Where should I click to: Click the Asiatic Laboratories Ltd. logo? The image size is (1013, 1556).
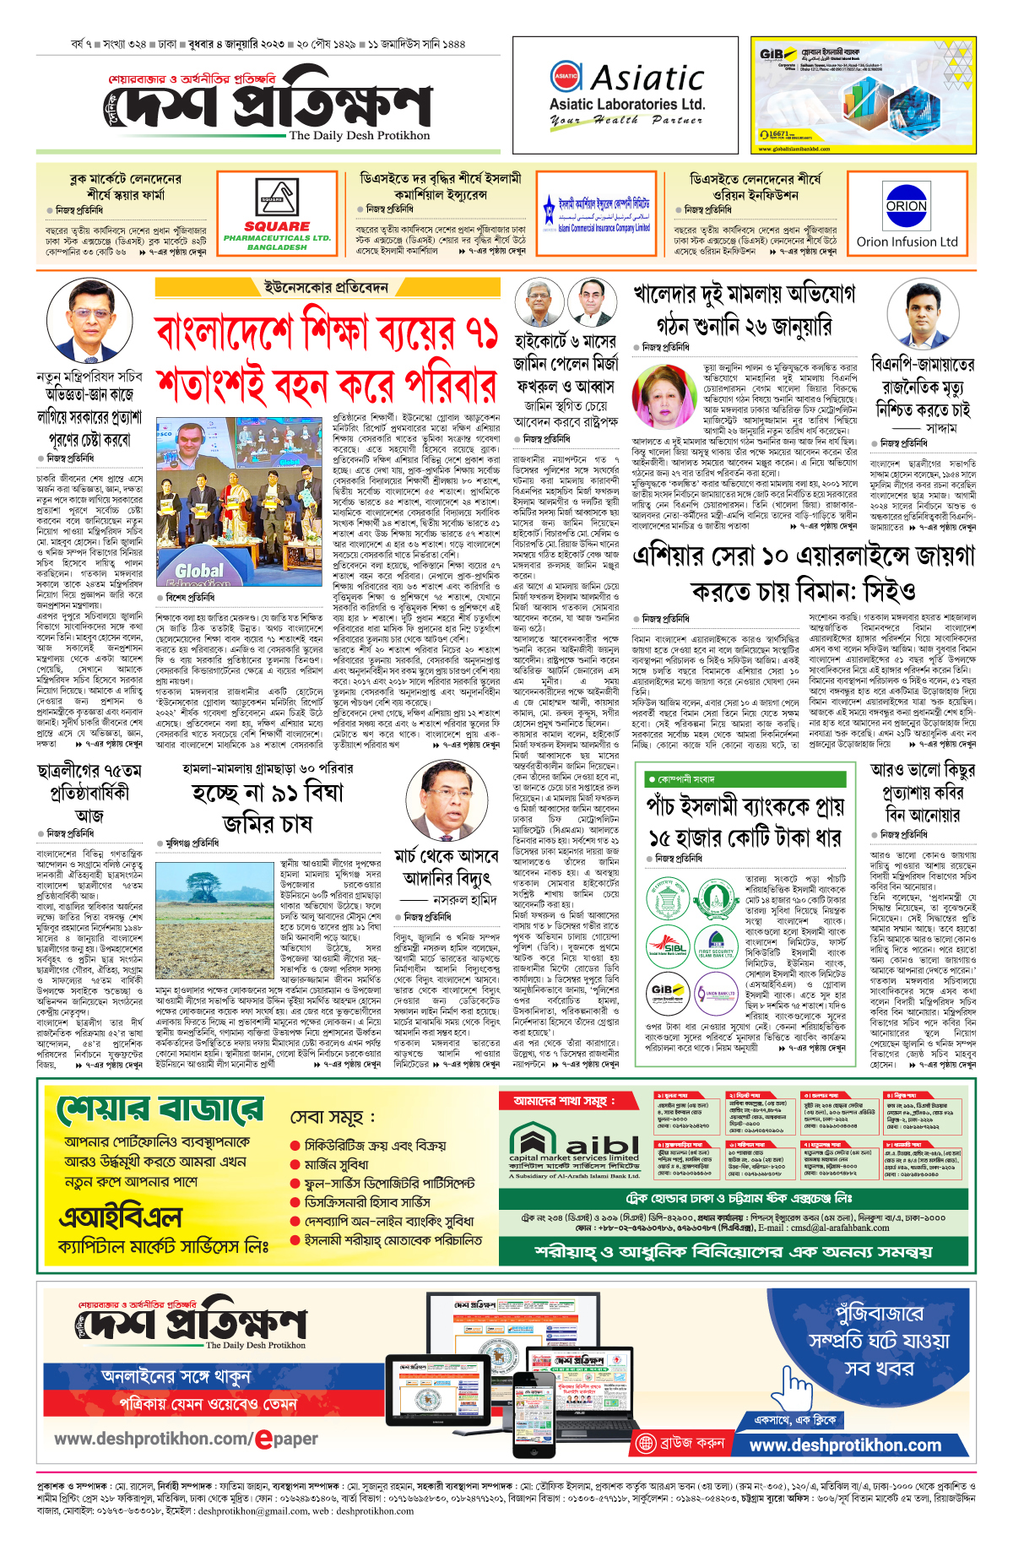626,95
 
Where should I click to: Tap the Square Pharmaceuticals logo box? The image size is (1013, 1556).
277,212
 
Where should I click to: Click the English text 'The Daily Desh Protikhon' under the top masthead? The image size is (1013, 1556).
360,135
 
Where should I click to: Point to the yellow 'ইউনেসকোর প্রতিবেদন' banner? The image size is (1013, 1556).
326,288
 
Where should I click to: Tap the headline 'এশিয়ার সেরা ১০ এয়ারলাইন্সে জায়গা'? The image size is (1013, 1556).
803,557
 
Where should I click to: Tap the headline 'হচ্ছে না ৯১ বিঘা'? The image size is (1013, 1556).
268,793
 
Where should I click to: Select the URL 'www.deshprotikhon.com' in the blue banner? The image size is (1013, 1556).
845,1445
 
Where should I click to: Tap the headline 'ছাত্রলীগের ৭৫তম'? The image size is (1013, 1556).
89,771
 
